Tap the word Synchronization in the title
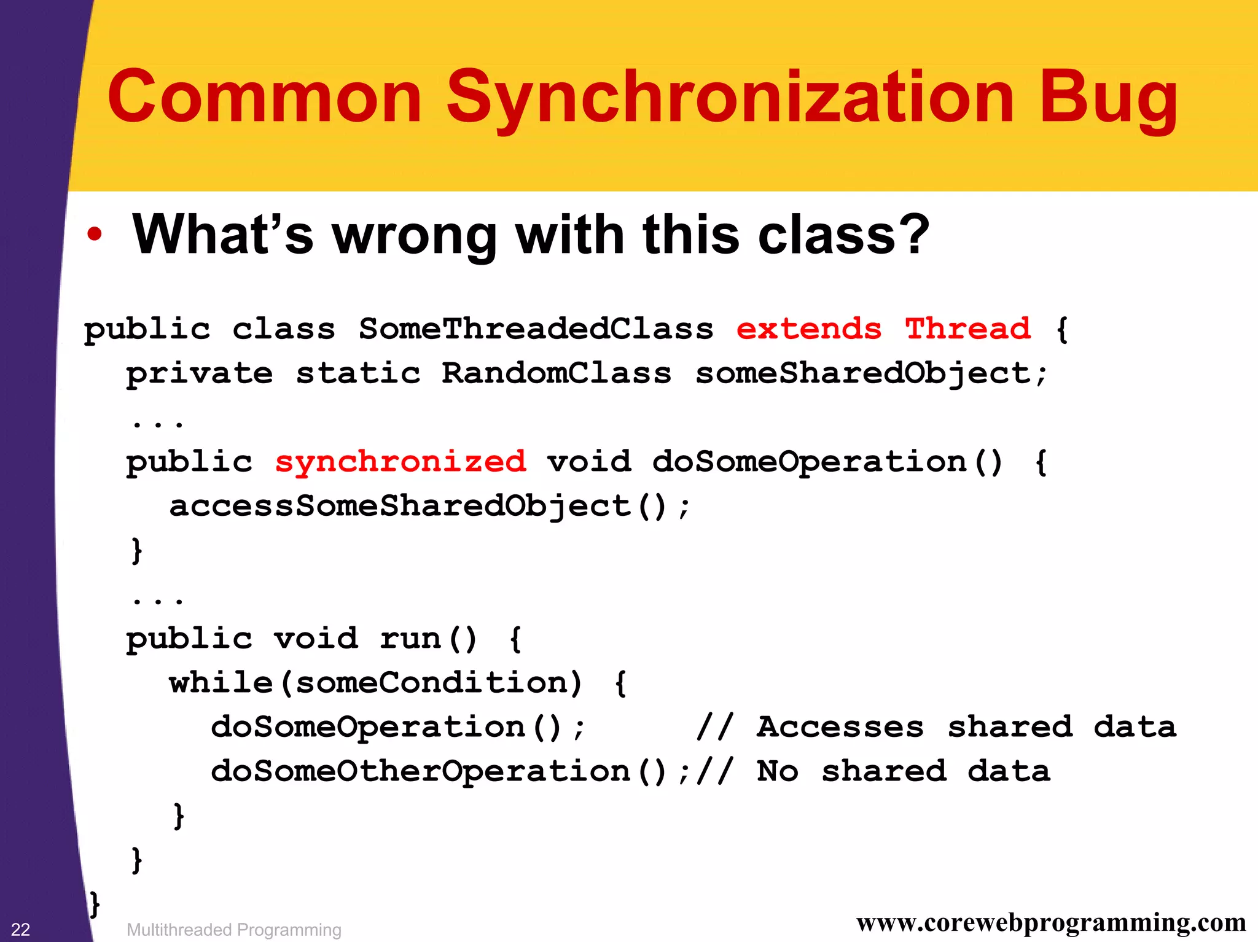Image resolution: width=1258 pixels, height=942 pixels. [x=730, y=98]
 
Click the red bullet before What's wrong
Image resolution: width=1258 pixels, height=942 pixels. [x=94, y=234]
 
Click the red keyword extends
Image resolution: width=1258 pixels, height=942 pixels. [x=808, y=329]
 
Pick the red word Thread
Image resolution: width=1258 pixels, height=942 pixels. [x=968, y=329]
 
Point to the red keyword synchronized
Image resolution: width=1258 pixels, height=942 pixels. [x=400, y=462]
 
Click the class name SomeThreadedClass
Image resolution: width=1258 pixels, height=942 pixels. [x=536, y=329]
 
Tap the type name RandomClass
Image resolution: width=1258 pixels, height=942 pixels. [x=557, y=373]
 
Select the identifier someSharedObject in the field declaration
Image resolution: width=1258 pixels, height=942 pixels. [x=862, y=373]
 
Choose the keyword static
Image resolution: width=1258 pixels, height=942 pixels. [x=358, y=373]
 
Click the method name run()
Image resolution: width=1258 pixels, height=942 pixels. [x=428, y=639]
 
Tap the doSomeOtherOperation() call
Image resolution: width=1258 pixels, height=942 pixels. [x=439, y=771]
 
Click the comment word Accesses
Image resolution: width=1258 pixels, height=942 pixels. [x=840, y=727]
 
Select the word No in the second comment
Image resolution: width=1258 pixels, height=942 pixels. [x=778, y=771]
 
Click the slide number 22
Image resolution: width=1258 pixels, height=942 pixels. [x=21, y=929]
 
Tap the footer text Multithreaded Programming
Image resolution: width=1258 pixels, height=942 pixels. [x=233, y=930]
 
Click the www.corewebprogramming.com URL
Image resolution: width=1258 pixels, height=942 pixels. [x=1051, y=923]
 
